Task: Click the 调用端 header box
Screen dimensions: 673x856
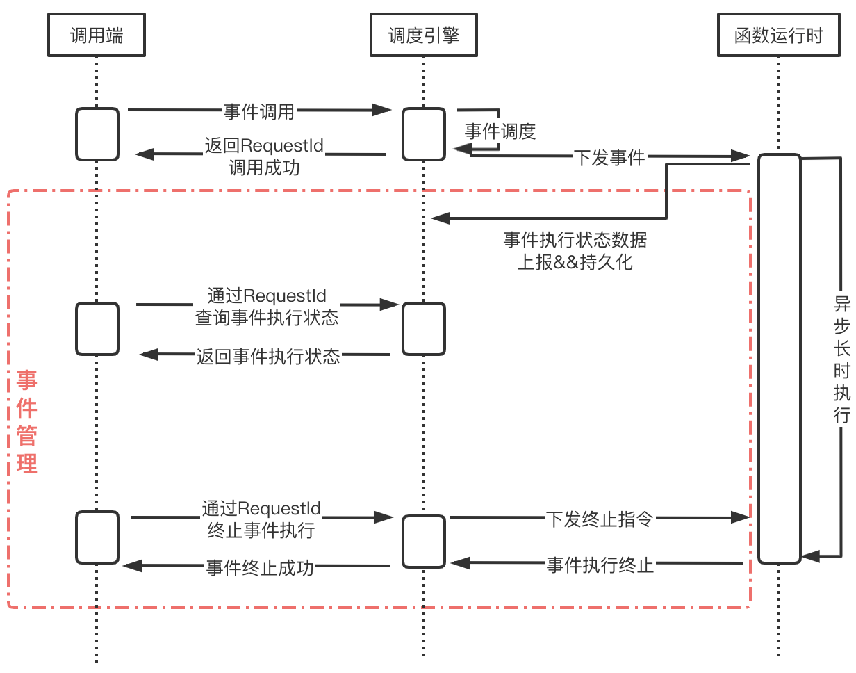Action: tap(97, 35)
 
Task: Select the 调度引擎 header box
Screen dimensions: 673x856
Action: tap(424, 35)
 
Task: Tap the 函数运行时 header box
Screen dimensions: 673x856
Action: tap(779, 35)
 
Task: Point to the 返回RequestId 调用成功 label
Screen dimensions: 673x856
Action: tap(264, 156)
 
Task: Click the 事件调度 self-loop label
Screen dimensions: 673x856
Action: tap(500, 132)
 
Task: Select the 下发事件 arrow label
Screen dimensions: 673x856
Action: tap(610, 158)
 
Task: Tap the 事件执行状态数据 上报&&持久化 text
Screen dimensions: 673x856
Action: tap(575, 252)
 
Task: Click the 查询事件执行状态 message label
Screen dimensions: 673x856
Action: tap(267, 307)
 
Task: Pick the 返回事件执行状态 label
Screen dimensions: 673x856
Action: tap(268, 357)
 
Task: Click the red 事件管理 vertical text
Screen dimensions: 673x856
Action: tap(27, 422)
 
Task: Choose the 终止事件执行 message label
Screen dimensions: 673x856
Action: tap(261, 519)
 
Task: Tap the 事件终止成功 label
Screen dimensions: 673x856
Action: tap(260, 567)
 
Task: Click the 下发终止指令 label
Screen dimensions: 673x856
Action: tap(600, 519)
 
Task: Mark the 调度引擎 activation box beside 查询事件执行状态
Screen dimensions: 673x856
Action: tap(424, 329)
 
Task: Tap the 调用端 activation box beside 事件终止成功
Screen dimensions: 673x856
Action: tap(97, 537)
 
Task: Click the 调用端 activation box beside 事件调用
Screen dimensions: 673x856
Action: tap(97, 133)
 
